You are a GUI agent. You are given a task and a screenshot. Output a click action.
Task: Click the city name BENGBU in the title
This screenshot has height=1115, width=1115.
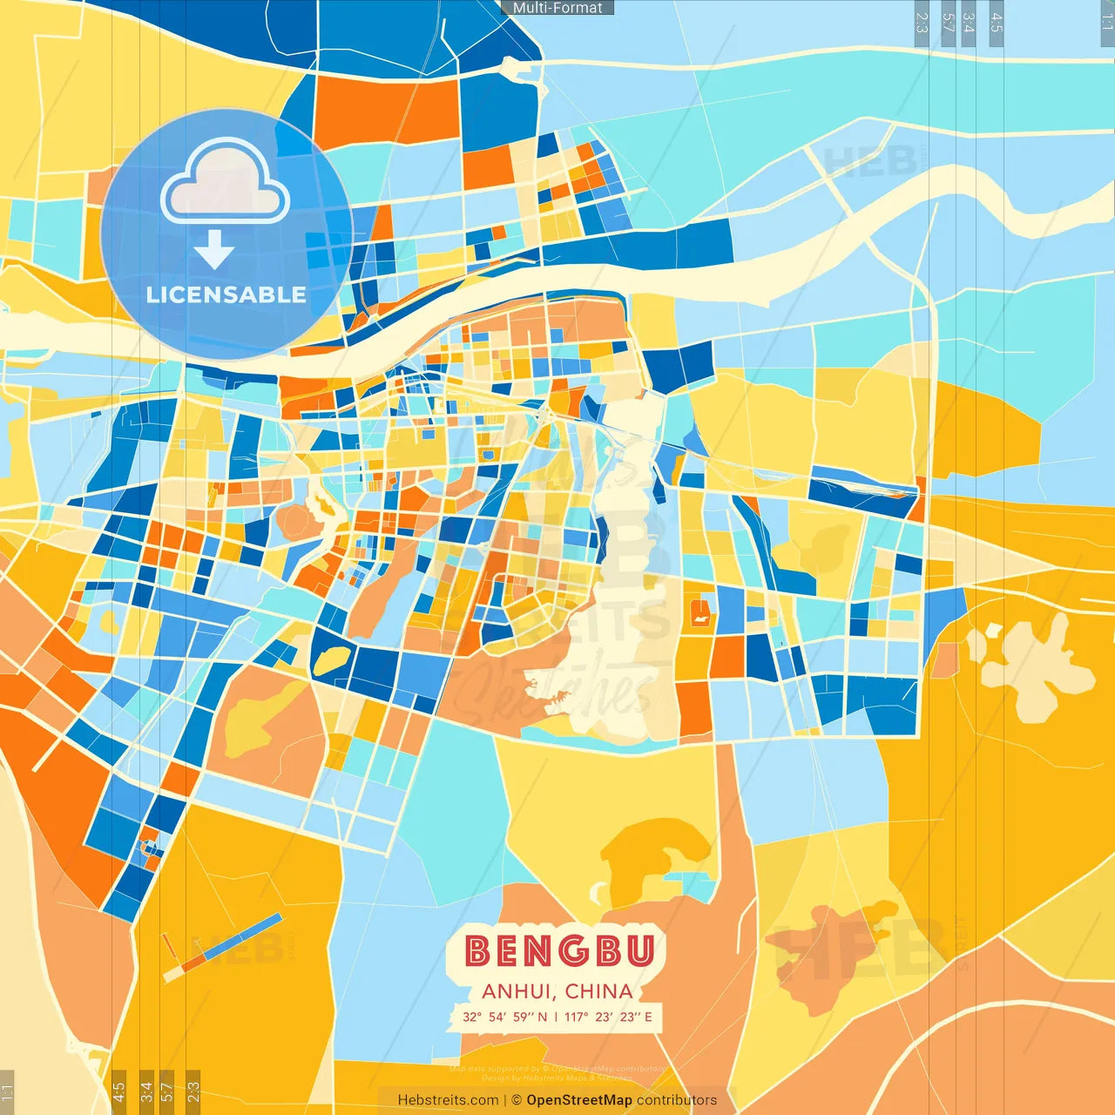click(x=558, y=950)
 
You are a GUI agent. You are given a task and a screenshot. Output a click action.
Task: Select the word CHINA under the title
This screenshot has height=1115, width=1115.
click(x=598, y=991)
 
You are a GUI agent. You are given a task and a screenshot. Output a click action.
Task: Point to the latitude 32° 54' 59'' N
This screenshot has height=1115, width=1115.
click(x=504, y=1017)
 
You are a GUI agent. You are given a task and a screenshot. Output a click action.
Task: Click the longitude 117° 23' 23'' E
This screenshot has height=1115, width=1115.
click(x=608, y=1017)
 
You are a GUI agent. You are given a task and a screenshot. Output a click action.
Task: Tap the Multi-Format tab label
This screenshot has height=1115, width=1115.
click(x=557, y=8)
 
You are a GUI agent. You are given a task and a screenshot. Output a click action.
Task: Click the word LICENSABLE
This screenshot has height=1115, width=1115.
click(x=226, y=294)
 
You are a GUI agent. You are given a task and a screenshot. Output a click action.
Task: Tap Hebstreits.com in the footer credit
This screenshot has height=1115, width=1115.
click(x=448, y=1100)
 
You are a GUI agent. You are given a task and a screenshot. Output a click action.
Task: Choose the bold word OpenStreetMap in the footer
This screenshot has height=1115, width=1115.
click(x=579, y=1100)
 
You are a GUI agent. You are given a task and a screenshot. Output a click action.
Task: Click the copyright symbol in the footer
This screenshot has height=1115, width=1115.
click(x=517, y=1100)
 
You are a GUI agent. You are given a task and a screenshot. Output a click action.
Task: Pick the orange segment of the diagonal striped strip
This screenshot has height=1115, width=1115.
click(x=194, y=962)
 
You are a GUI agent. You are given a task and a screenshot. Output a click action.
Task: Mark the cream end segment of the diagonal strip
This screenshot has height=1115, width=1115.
click(x=172, y=974)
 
